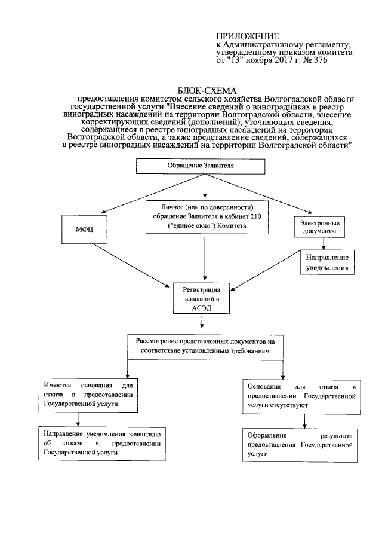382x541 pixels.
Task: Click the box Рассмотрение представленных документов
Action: coord(204,346)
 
